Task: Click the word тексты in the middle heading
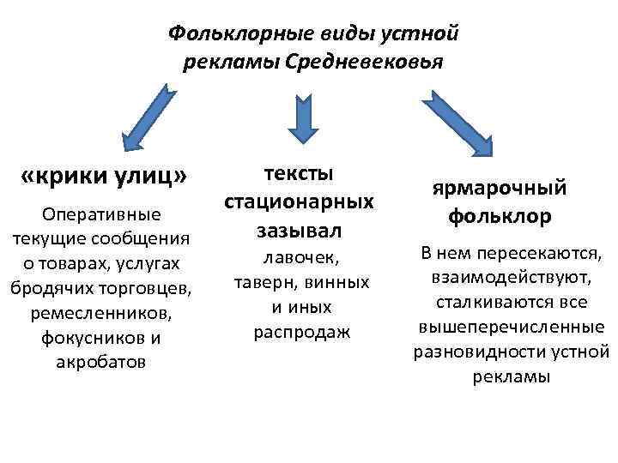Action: coord(299,172)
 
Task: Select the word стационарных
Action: coord(299,201)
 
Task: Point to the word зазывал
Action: coord(299,231)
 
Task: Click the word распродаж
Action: coord(301,332)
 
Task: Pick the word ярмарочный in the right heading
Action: coord(500,187)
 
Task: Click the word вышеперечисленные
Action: coord(511,328)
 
